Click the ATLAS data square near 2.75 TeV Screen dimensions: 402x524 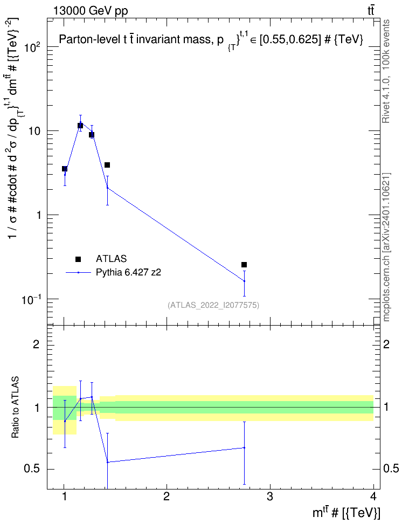tap(244, 265)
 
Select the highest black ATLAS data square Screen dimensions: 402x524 tap(80, 126)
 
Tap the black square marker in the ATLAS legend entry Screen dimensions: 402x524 tap(78, 259)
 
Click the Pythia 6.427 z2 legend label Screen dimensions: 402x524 tap(128, 272)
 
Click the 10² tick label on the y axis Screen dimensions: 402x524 tap(33, 47)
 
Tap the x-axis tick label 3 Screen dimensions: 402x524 tap(269, 497)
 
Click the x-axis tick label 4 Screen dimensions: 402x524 tap(373, 497)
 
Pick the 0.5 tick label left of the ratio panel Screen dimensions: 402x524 tap(32, 469)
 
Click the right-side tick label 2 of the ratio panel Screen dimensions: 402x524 tap(386, 344)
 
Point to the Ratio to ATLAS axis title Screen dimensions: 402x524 tap(15, 408)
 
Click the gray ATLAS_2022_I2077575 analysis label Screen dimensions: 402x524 tap(213, 305)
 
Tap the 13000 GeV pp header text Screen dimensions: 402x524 tap(91, 11)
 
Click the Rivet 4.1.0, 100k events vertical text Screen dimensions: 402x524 tap(386, 71)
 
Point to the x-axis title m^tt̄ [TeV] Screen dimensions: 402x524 tap(346, 512)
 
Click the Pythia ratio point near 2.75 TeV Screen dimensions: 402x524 tap(244, 447)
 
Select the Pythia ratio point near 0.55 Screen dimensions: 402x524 tap(108, 462)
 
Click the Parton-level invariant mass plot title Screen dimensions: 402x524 tap(211, 40)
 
